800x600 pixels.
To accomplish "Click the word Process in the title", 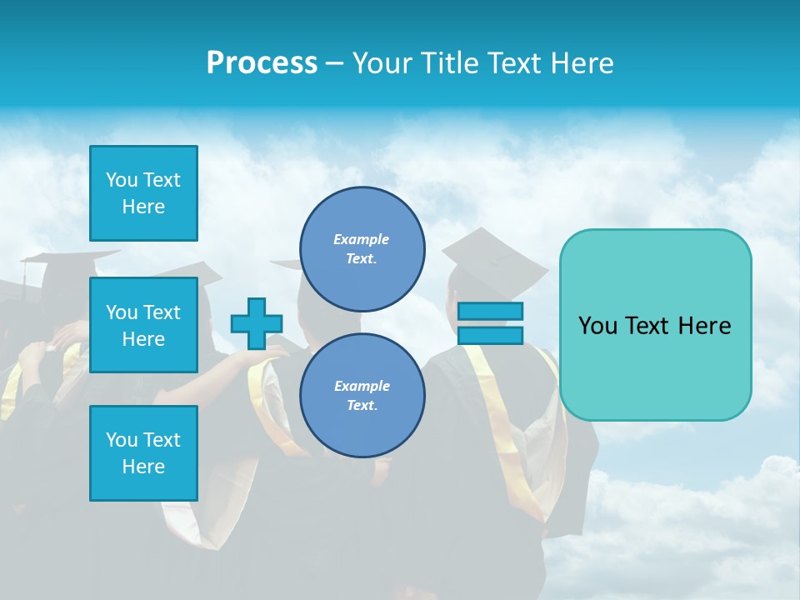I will (262, 63).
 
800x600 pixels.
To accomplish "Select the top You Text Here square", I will (143, 193).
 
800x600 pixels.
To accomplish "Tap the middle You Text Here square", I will (143, 325).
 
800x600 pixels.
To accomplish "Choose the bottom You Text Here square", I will (143, 453).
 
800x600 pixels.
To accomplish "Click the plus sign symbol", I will (257, 323).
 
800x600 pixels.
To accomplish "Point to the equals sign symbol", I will (490, 323).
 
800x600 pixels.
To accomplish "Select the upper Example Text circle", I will (362, 249).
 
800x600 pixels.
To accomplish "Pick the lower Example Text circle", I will (362, 396).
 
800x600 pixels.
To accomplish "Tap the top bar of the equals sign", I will (490, 312).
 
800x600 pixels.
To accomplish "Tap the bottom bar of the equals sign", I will (490, 335).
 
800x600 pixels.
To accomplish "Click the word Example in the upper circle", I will (362, 239).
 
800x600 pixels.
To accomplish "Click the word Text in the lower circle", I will (361, 406).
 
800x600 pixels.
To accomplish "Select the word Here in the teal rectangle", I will (705, 326).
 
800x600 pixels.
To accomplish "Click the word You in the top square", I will (122, 180).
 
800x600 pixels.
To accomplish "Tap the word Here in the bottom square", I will (143, 467).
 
